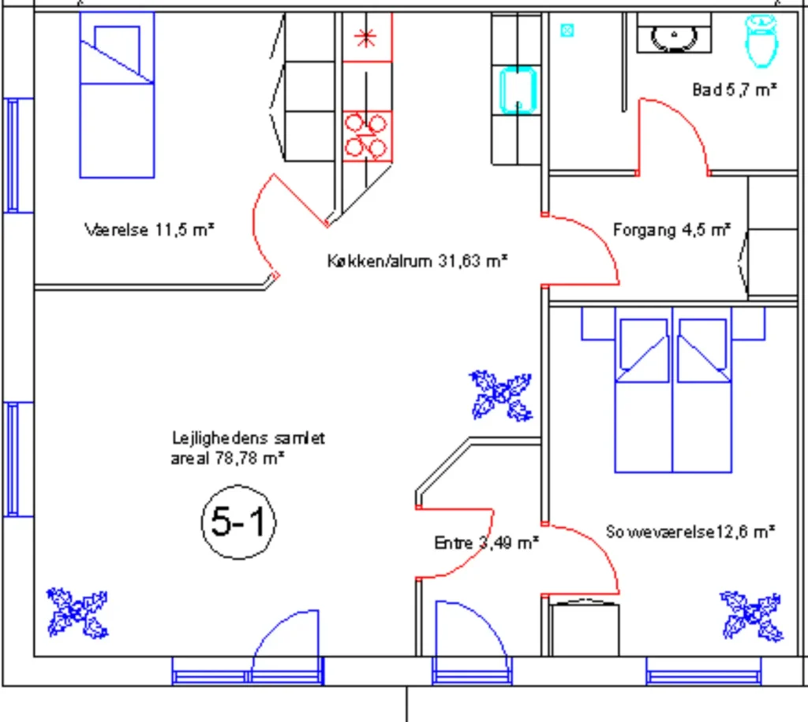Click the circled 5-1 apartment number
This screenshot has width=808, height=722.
pos(238,522)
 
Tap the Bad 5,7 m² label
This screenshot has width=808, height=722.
pos(735,90)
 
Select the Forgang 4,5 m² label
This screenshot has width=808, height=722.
pos(671,229)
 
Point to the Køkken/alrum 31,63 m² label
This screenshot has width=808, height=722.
pos(417,261)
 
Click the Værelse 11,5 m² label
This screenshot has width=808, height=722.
pos(149,229)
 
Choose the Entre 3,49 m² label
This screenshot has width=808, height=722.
pos(486,542)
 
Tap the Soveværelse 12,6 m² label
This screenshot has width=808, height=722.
pos(690,531)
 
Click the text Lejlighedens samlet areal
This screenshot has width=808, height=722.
pos(248,448)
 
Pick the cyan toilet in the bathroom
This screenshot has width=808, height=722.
pos(761,41)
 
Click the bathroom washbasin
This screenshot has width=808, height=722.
pos(674,34)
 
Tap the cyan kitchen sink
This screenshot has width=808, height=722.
pos(518,91)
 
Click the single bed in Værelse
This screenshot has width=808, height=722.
pos(117,95)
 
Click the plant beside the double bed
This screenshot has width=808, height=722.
pos(501,395)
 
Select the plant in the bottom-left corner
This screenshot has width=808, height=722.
pos(77,613)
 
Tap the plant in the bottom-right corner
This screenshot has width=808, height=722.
pos(751,616)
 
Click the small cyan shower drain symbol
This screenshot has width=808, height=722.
pos(567,31)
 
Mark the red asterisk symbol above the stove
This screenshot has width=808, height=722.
pos(365,37)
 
